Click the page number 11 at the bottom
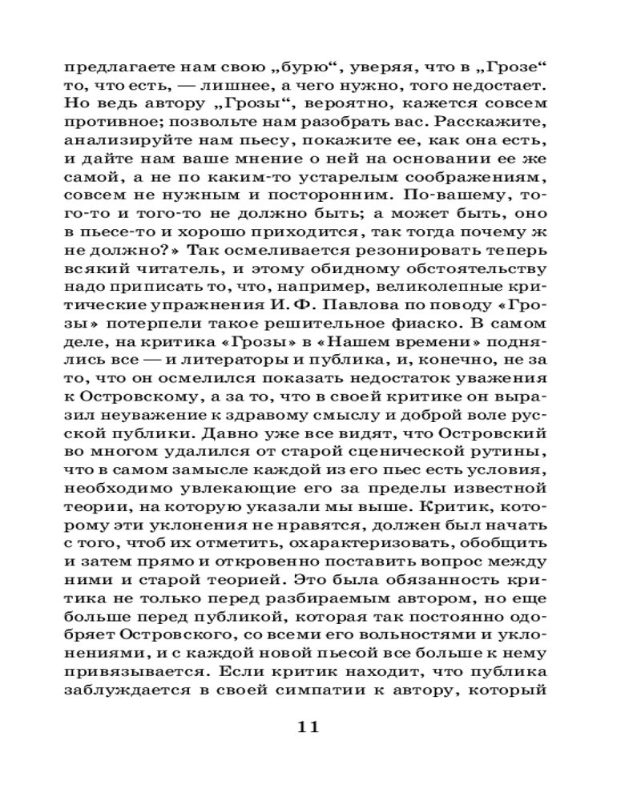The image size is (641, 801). pyautogui.click(x=308, y=727)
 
